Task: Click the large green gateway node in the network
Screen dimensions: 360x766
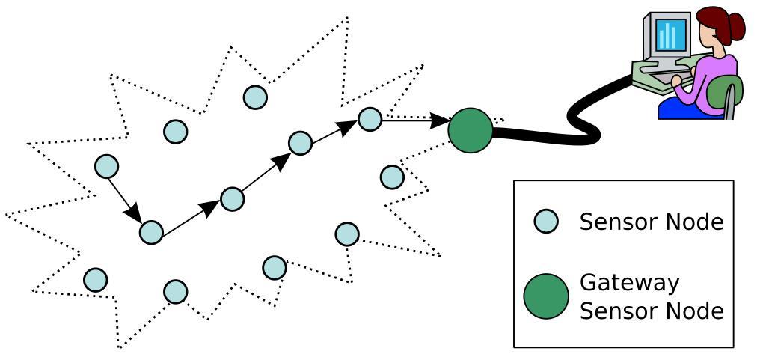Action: [x=470, y=130]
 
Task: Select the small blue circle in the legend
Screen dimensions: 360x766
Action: [x=546, y=222]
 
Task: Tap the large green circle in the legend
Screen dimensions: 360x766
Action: [x=546, y=296]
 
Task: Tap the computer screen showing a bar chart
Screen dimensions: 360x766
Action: [x=668, y=34]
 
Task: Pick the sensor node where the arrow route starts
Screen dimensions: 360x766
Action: [x=106, y=166]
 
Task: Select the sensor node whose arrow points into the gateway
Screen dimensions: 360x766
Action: [x=370, y=118]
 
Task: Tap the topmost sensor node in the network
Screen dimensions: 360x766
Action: [x=255, y=97]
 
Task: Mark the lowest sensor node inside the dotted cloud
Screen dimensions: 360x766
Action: [x=175, y=291]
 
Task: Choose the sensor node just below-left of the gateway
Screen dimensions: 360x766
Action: [x=391, y=177]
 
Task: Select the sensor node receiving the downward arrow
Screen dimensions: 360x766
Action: [x=151, y=232]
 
